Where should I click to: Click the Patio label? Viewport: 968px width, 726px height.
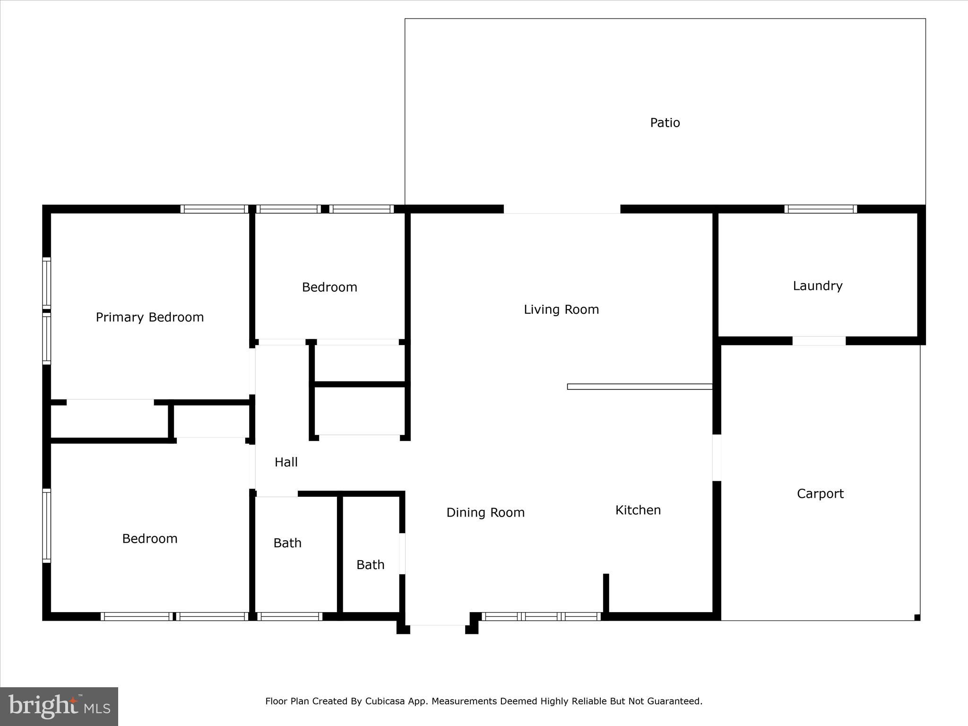point(665,123)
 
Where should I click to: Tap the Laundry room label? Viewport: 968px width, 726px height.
point(817,286)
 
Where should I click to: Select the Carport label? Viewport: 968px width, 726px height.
point(820,494)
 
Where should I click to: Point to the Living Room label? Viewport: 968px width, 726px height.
point(561,310)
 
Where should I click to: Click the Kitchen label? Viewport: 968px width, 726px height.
point(638,510)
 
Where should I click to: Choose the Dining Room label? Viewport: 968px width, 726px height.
point(485,512)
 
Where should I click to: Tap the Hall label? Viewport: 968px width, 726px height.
point(286,462)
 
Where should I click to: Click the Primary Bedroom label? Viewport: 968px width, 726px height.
point(149,317)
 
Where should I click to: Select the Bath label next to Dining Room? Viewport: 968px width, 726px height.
point(370,565)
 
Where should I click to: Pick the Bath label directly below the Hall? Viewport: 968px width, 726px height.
point(287,543)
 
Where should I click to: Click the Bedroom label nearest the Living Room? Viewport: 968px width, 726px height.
point(329,287)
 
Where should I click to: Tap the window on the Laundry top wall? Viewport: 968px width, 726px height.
point(821,209)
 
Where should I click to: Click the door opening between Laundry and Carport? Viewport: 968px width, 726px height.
point(819,341)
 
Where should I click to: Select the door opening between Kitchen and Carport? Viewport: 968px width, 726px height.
point(717,458)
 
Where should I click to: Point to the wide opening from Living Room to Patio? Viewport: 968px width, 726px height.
point(562,209)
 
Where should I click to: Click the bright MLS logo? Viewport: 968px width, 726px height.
point(59,707)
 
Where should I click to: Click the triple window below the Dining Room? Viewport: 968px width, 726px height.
point(541,616)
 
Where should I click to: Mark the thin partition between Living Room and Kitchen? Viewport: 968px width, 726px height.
point(640,387)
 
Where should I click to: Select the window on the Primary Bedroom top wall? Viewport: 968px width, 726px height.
point(214,209)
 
